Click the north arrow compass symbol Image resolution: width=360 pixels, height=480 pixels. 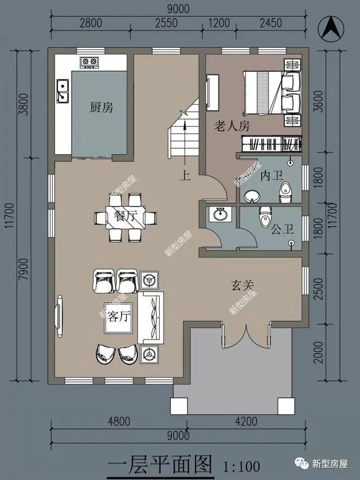(x=331, y=29)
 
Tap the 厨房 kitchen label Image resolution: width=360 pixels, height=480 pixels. (x=101, y=107)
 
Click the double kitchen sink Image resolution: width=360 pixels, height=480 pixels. (x=63, y=91)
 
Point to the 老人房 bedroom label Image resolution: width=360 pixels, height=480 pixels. (x=232, y=126)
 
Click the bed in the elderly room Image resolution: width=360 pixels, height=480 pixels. (x=272, y=93)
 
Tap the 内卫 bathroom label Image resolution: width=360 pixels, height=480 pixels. (x=272, y=176)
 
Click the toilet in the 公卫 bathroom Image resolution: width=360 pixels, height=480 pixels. (x=265, y=217)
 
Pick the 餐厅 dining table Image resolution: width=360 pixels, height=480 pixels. (x=125, y=218)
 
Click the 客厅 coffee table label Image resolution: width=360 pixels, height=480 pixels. (x=119, y=316)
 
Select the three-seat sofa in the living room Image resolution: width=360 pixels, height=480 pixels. (x=150, y=318)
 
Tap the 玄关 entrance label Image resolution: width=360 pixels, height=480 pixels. (x=242, y=286)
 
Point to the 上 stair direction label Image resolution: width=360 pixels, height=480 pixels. (x=185, y=175)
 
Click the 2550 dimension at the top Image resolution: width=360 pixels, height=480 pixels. (x=166, y=23)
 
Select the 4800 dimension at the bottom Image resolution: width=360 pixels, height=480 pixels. (x=119, y=422)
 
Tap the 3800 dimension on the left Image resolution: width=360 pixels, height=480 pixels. (x=24, y=104)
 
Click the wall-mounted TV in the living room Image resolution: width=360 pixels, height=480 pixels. (x=59, y=316)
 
